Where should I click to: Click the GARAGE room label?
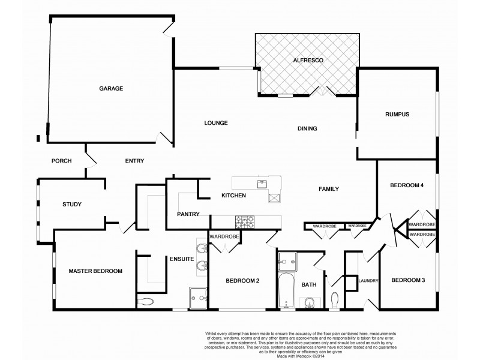(111, 89)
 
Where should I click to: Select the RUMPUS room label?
(397, 115)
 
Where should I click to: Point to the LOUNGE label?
(215, 123)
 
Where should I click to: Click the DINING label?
(307, 128)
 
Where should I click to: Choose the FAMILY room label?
(328, 189)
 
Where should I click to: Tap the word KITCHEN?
(234, 196)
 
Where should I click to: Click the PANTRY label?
(188, 214)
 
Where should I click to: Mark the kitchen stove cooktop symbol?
(245, 221)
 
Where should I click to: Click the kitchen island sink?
(262, 184)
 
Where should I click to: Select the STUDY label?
(71, 205)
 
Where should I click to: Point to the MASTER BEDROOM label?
(95, 271)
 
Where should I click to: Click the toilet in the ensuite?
(146, 301)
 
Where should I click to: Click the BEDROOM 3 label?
(408, 280)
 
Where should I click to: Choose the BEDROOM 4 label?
(408, 185)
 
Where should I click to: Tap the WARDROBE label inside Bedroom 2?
(224, 237)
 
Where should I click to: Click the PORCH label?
(62, 160)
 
